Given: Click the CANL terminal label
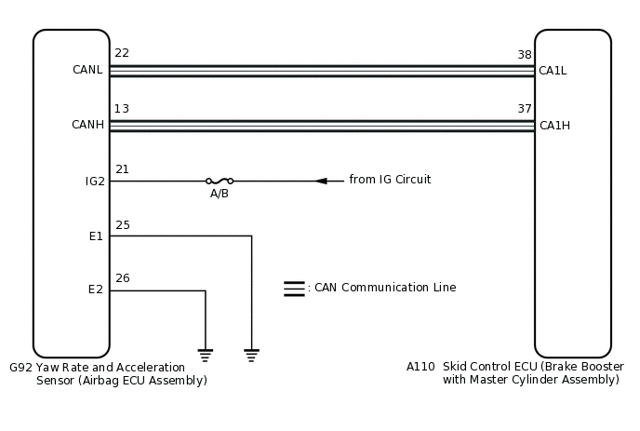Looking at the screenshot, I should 87,70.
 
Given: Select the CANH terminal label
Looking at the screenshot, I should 87,125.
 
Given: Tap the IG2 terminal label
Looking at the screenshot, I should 94,181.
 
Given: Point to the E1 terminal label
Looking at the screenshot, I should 96,236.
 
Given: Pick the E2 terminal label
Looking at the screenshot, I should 96,290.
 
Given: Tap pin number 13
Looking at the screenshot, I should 121,109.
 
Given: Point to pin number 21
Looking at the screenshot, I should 122,168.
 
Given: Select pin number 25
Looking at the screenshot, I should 122,224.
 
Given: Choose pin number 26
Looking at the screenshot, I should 122,277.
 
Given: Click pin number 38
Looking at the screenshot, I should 525,55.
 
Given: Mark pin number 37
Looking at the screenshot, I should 525,109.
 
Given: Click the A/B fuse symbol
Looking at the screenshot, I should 220,181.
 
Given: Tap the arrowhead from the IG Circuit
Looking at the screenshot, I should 321,181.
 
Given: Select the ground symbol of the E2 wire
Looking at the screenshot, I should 205,354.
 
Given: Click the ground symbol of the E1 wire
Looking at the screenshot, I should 251,354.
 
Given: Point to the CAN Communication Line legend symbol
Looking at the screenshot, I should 294,289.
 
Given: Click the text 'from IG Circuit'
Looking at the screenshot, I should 390,180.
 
